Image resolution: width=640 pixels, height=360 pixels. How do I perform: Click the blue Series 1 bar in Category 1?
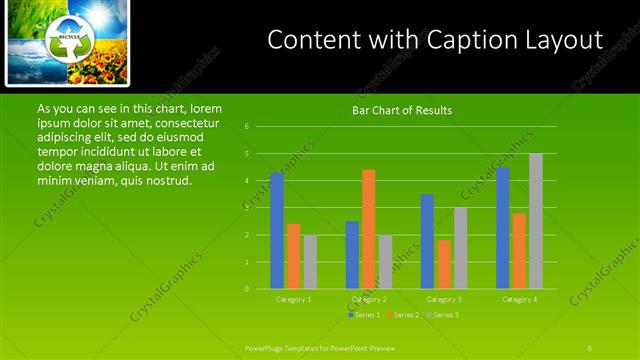point(277,231)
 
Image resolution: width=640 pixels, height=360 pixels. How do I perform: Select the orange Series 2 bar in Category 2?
point(369,229)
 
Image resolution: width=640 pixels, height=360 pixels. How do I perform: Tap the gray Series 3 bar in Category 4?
point(536,221)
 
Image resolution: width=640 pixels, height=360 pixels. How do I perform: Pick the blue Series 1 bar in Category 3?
point(427,241)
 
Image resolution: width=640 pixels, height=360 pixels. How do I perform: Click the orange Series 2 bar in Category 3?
point(444,264)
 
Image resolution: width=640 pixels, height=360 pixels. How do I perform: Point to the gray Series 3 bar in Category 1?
point(310,262)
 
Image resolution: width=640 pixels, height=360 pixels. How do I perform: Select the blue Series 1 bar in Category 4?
point(503,228)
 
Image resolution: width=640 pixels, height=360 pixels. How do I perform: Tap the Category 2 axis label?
point(369,299)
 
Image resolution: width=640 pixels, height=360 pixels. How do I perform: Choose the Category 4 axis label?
point(520,299)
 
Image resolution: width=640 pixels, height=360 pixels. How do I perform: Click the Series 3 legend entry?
point(443,315)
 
